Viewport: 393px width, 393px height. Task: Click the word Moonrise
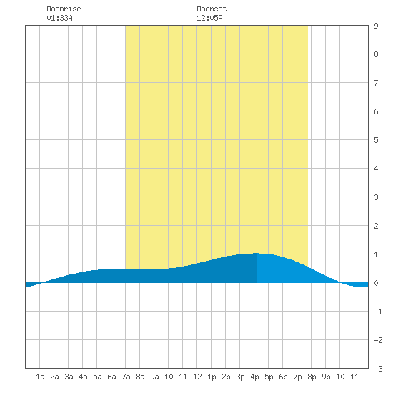click(x=64, y=9)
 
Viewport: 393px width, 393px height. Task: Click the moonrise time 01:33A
click(x=59, y=18)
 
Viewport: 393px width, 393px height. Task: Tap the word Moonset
click(x=212, y=9)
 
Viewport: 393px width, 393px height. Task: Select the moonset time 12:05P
click(x=209, y=18)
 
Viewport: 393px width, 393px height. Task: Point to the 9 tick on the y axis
click(x=376, y=26)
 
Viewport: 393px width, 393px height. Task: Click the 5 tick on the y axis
click(x=376, y=140)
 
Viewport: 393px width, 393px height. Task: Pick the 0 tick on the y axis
click(x=376, y=283)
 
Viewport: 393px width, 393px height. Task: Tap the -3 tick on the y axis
click(x=378, y=369)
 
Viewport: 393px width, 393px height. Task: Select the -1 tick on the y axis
click(x=378, y=312)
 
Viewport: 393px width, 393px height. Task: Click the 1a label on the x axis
click(x=40, y=377)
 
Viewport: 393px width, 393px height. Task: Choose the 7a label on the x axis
click(x=126, y=377)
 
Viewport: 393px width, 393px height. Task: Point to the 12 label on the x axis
click(x=197, y=377)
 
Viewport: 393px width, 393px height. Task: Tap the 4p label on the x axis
click(x=254, y=377)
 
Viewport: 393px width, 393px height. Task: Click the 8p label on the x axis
click(x=312, y=377)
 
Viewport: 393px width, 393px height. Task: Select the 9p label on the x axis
click(x=326, y=377)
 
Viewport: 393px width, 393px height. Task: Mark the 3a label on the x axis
click(x=69, y=377)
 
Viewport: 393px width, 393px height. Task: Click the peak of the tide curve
click(x=257, y=253)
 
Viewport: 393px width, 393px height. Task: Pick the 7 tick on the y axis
click(x=376, y=83)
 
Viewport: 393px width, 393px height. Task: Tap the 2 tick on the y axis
click(x=376, y=226)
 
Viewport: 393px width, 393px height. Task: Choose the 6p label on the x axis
click(x=283, y=377)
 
